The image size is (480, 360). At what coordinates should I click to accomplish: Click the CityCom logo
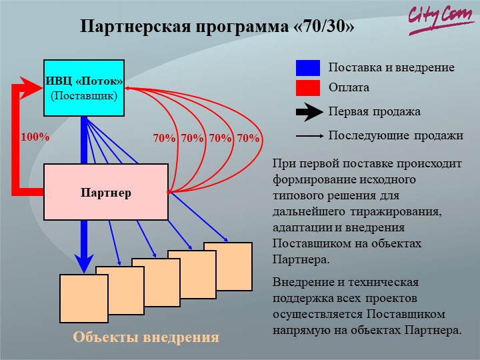[440, 19]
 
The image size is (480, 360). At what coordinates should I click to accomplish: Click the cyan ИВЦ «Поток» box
[84, 88]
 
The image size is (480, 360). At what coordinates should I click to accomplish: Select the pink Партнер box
[106, 192]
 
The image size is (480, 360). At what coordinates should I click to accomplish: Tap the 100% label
[35, 137]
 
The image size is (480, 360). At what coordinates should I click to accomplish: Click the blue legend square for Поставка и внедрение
[308, 68]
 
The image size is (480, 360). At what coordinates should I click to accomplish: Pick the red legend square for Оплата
[308, 88]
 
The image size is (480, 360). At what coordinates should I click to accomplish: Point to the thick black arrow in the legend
[309, 112]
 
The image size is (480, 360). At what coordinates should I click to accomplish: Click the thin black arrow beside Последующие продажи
[309, 135]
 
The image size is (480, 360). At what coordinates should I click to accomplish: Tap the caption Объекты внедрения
[146, 337]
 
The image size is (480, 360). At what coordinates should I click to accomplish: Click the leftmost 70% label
[165, 139]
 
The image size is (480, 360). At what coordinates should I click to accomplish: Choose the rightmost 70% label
[248, 139]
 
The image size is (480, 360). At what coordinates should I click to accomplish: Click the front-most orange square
[84, 299]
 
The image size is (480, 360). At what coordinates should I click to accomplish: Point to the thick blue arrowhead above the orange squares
[84, 263]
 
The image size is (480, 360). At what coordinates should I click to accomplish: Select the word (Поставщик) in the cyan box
[84, 96]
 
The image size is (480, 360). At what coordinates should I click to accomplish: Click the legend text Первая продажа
[375, 112]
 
